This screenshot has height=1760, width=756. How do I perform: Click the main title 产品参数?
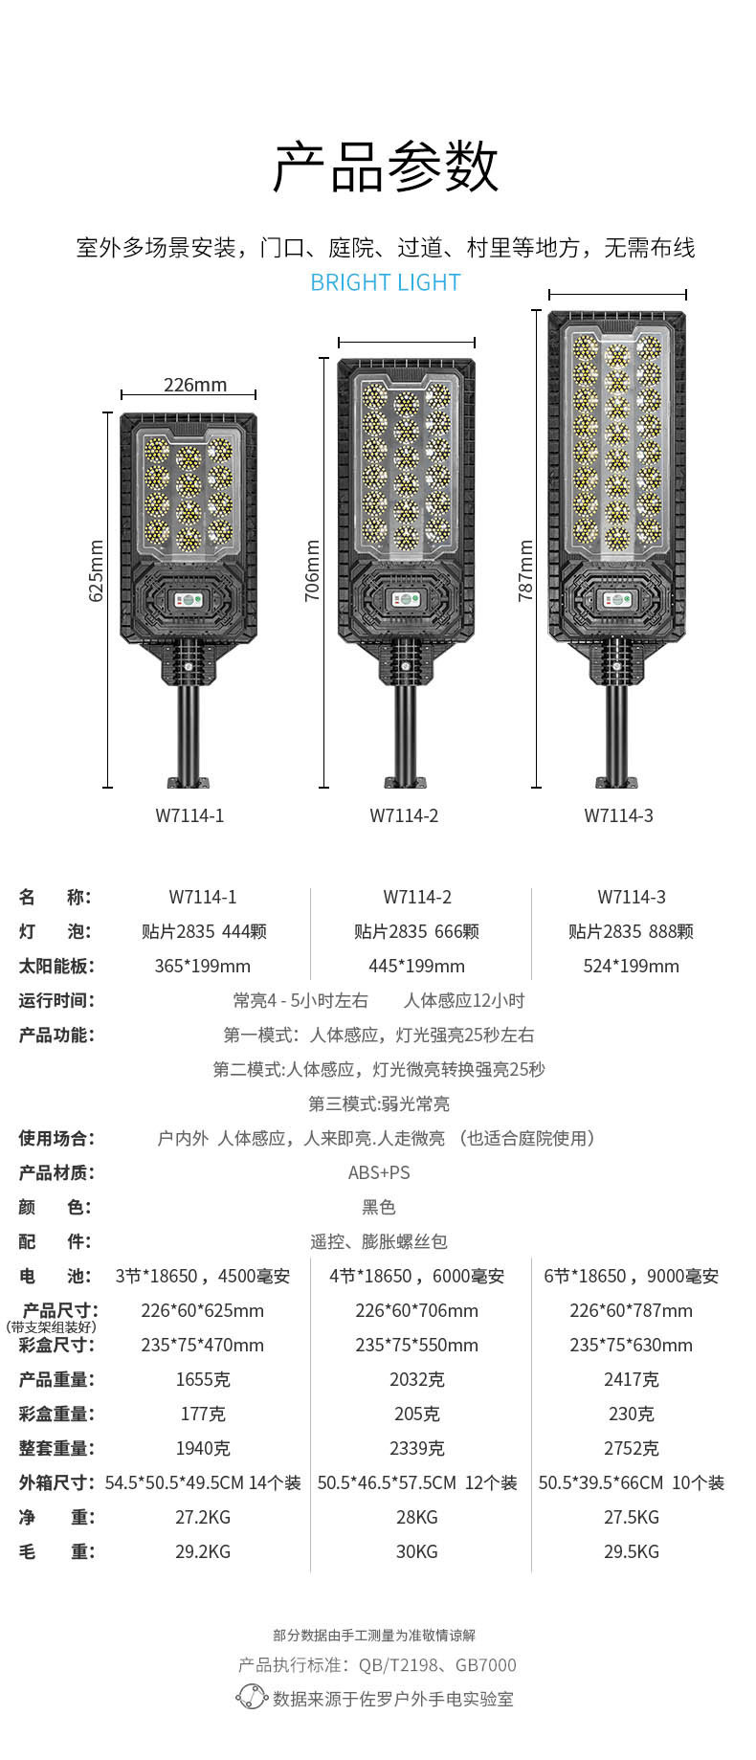click(386, 167)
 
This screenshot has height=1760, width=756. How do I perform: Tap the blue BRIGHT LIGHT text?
click(386, 282)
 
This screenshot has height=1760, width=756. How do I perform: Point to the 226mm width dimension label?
click(195, 385)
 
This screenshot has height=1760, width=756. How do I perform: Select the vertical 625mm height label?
click(97, 571)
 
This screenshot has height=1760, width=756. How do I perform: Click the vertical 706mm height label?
click(313, 571)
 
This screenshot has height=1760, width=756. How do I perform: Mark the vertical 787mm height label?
click(526, 571)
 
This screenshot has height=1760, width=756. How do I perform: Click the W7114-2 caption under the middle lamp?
click(404, 815)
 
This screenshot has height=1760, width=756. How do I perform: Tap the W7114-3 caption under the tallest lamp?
click(618, 815)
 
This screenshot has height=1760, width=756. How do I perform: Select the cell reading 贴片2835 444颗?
click(204, 931)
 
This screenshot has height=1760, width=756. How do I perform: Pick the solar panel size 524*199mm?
click(631, 966)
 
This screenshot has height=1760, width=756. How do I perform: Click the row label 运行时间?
click(56, 1000)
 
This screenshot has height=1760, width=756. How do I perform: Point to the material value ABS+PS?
click(379, 1172)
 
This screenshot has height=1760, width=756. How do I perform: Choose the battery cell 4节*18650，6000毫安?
click(416, 1276)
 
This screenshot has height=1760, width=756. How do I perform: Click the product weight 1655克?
click(203, 1379)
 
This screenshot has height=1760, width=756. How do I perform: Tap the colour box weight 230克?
click(631, 1414)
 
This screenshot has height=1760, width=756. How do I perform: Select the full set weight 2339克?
click(416, 1448)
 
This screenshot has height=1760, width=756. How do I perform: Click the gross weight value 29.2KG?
click(203, 1551)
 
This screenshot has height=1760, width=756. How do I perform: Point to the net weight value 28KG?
click(416, 1517)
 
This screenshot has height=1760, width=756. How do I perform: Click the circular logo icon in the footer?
click(251, 1698)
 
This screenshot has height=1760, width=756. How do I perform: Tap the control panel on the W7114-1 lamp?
click(188, 601)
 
